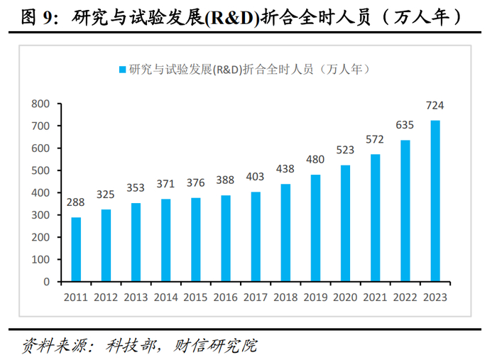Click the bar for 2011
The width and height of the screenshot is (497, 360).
[x=76, y=249]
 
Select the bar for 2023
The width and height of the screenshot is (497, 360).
[x=435, y=201]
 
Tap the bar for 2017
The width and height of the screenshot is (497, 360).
[x=256, y=236]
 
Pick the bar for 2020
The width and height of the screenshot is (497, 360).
[x=345, y=223]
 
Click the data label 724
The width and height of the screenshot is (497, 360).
[x=435, y=106]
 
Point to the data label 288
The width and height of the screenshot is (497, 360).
[x=76, y=203]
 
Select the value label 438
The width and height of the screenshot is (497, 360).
[x=285, y=170]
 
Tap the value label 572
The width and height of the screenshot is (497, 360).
[x=375, y=140]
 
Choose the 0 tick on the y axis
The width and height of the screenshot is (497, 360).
[x=45, y=281]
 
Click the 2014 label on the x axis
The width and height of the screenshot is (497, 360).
[x=165, y=297]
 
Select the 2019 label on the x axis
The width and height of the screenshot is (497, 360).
[x=315, y=297]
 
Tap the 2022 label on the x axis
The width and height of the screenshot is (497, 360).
[x=405, y=297]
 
